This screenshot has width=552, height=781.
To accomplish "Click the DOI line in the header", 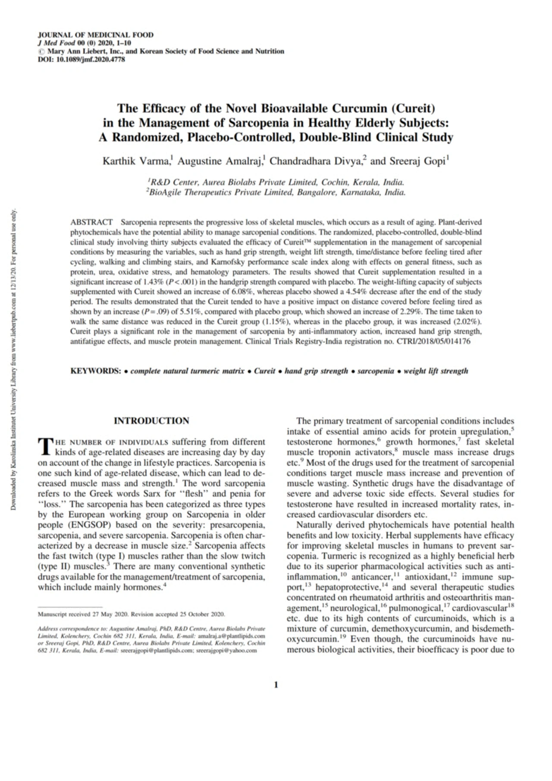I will pyautogui.click(x=82, y=60).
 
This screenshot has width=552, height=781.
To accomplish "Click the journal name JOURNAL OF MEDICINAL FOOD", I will pyautogui.click(x=95, y=35).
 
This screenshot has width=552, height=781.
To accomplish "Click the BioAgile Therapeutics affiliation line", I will pyautogui.click(x=276, y=192).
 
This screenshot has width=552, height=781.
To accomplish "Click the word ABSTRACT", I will pyautogui.click(x=91, y=223).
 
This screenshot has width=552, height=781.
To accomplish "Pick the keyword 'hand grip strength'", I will pyautogui.click(x=316, y=371).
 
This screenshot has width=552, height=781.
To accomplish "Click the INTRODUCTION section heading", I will pyautogui.click(x=151, y=421).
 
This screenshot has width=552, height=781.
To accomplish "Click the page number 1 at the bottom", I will pyautogui.click(x=276, y=685).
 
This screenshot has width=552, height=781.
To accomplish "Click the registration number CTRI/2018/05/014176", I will pyautogui.click(x=433, y=342).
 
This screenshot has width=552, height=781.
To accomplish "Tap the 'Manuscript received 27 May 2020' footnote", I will pyautogui.click(x=131, y=614).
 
